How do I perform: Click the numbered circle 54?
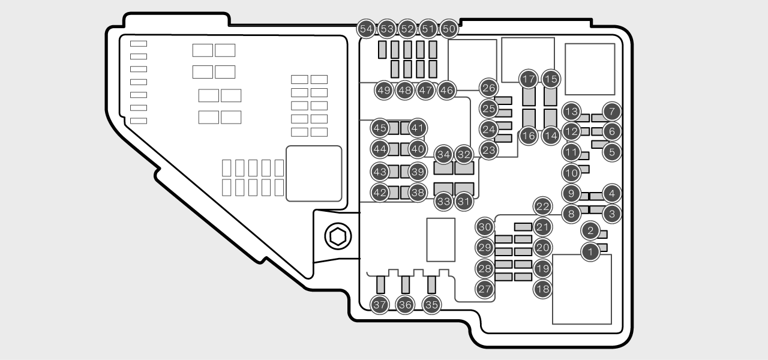(366, 28)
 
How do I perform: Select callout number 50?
(449, 28)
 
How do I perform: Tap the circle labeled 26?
(489, 88)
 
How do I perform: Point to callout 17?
(529, 79)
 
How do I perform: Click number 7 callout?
(611, 111)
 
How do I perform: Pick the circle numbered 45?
(379, 128)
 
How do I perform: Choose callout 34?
(443, 155)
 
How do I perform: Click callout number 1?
(590, 253)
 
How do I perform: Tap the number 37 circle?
(379, 305)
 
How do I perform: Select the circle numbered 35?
(431, 305)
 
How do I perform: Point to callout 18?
(542, 289)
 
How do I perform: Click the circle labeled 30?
(485, 227)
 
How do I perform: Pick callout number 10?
(571, 173)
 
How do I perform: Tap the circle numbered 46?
(446, 91)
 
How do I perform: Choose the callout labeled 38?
(418, 193)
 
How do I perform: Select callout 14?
(551, 136)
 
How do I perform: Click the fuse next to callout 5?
(599, 144)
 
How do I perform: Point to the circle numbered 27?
(485, 289)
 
